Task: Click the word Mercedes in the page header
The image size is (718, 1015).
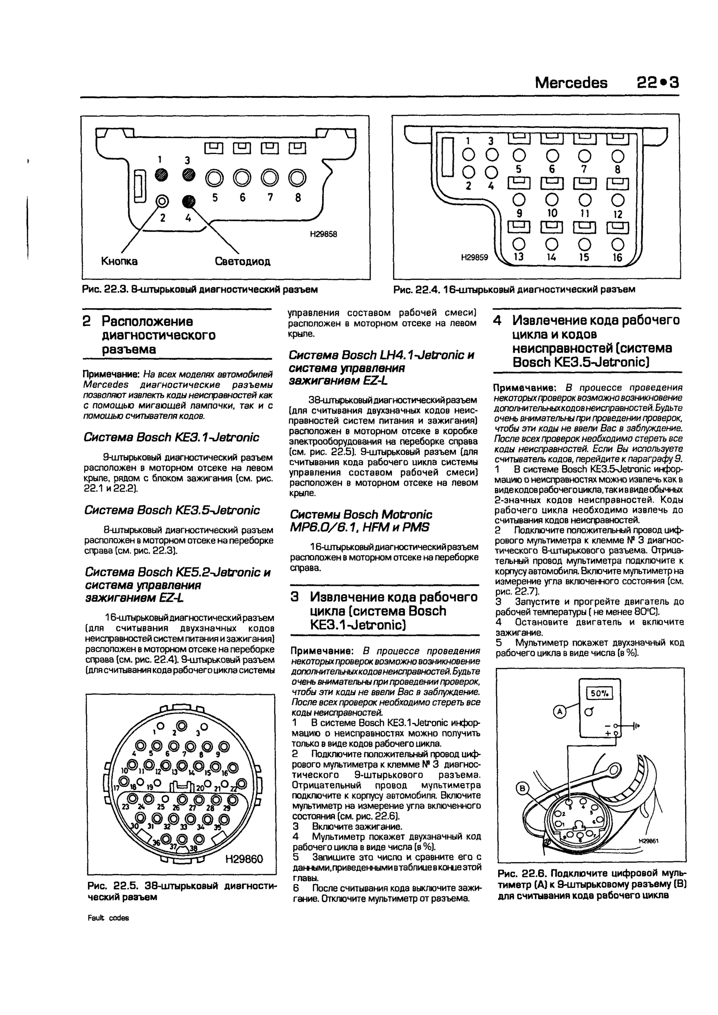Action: click(x=571, y=83)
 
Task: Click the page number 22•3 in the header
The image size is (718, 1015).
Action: click(x=657, y=83)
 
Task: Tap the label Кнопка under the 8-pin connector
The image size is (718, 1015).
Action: click(x=119, y=261)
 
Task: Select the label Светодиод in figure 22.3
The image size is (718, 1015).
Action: click(x=243, y=261)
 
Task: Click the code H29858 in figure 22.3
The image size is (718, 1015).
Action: click(x=323, y=234)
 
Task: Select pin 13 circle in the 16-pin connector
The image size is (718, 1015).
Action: click(x=519, y=244)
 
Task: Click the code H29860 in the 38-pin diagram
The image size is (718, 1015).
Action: click(x=244, y=859)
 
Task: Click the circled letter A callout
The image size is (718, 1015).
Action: click(x=560, y=712)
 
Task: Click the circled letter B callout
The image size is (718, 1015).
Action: click(x=523, y=789)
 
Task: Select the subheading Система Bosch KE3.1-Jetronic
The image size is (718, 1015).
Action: click(x=171, y=438)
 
